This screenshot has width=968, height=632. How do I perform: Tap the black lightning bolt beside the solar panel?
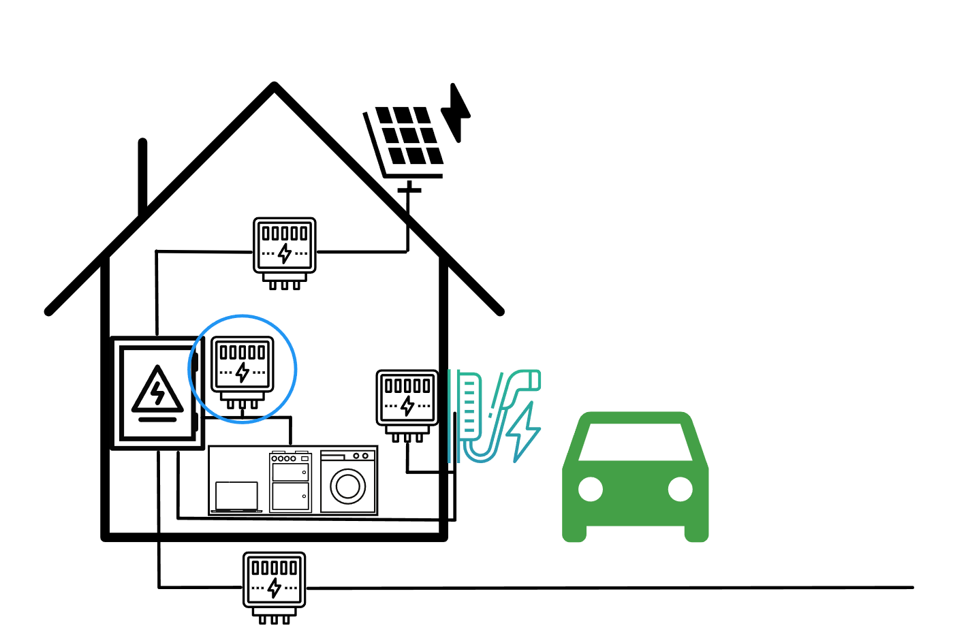457,112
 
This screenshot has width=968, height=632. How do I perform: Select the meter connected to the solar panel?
285,249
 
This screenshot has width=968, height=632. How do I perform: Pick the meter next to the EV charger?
407,402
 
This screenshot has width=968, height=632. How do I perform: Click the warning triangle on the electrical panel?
158,392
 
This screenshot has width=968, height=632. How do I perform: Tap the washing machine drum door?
348,486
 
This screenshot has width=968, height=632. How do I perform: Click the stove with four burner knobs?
290,481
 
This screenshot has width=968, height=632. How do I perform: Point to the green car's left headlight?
591,489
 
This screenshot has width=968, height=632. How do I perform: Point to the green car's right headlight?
680,489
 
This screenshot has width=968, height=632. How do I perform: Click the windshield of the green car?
636,442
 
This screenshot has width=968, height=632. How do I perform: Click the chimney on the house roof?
142,177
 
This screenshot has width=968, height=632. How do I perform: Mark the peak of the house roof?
274,86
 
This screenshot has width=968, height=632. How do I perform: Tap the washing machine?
348,481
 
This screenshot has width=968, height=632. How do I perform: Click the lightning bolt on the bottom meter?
275,587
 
